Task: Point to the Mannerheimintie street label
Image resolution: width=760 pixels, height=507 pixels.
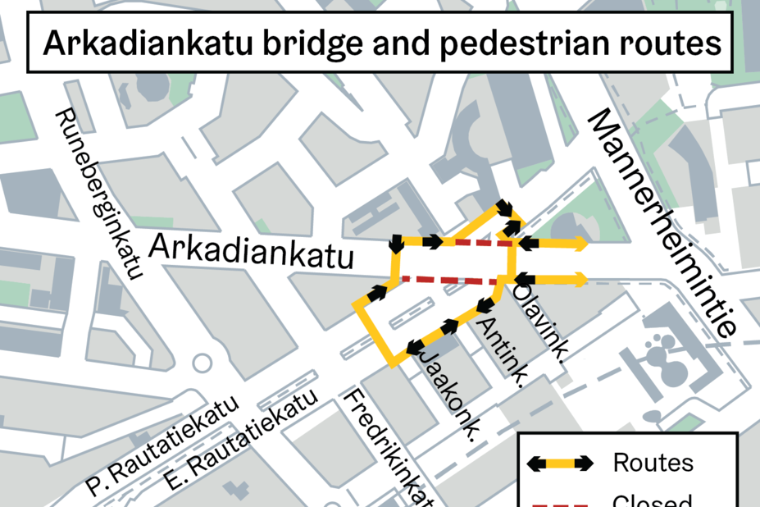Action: (663, 222)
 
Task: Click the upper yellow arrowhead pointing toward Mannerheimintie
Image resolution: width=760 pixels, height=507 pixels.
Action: (580, 243)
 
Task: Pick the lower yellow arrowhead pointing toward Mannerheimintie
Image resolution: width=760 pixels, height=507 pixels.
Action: (580, 279)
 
